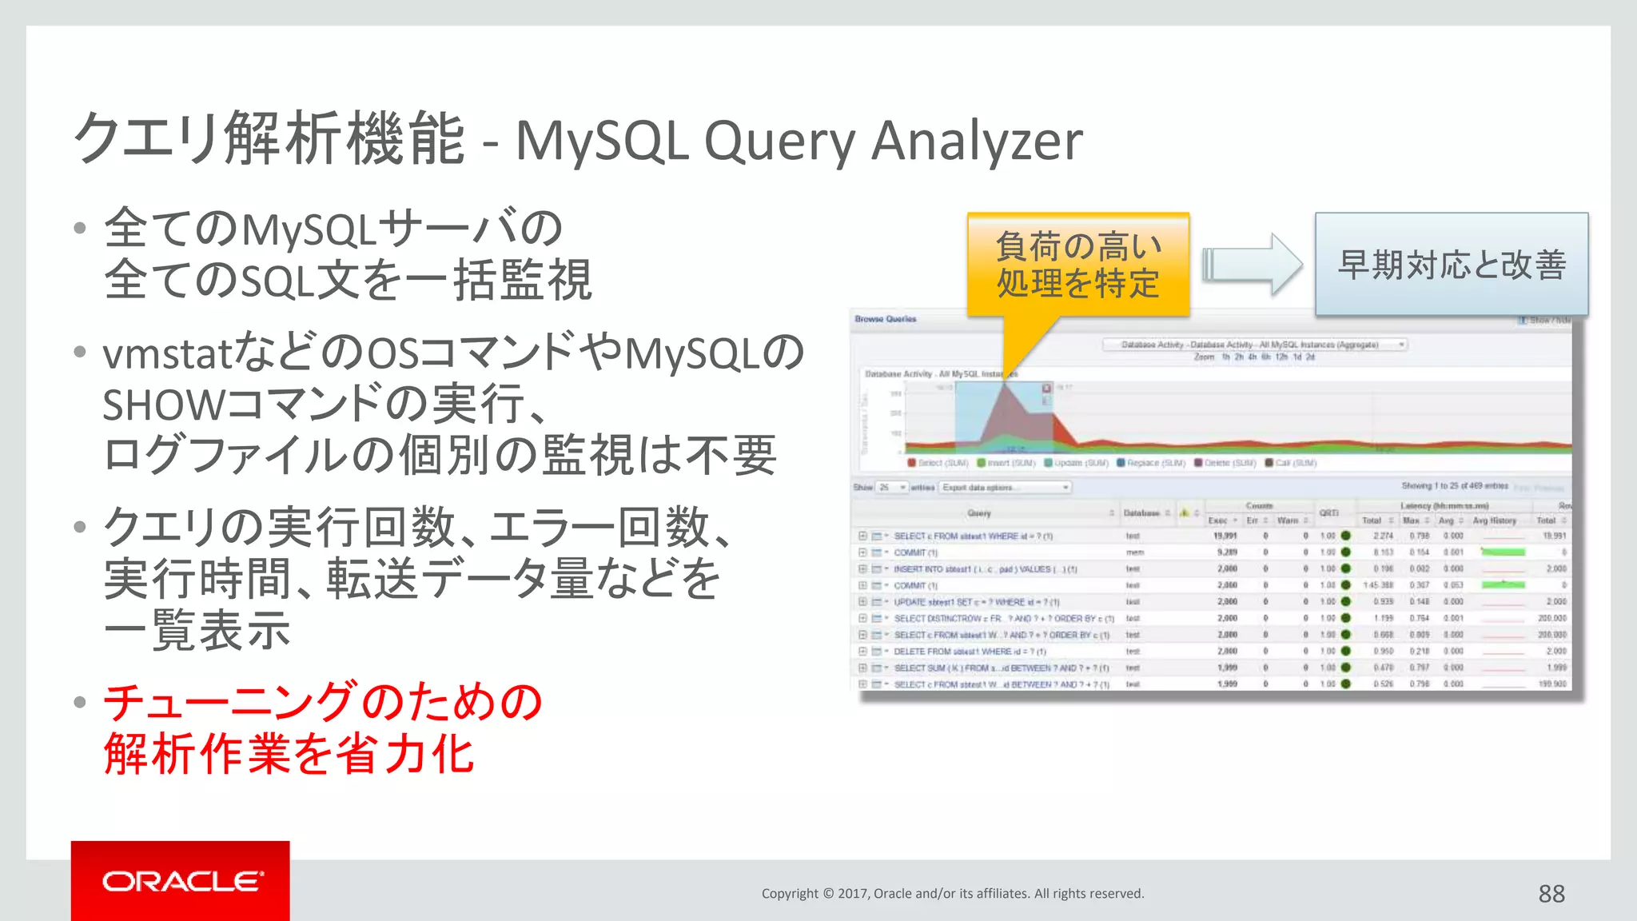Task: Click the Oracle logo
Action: click(181, 881)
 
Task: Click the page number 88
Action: click(1551, 893)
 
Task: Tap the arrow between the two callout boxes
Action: click(1252, 265)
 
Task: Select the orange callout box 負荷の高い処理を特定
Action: click(1077, 265)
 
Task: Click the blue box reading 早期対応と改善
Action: click(1451, 265)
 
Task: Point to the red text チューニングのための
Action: click(323, 703)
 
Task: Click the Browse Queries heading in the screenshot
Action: click(885, 319)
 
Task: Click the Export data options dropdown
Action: click(1005, 487)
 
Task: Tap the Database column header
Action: click(1141, 512)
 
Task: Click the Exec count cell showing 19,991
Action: click(1225, 536)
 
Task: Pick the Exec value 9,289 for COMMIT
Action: click(1226, 552)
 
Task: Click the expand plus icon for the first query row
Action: click(862, 536)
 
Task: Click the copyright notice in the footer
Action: click(952, 893)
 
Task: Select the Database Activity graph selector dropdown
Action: click(1254, 345)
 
